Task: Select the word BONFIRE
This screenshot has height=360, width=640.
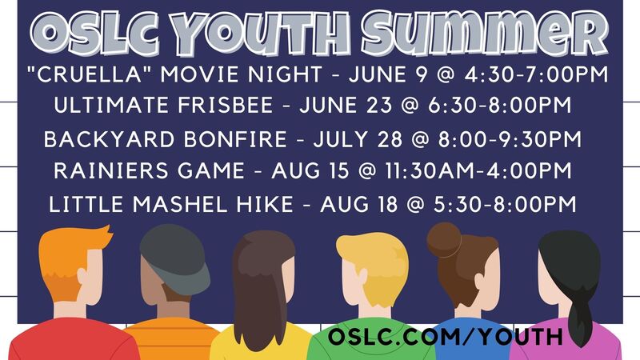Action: pyautogui.click(x=235, y=139)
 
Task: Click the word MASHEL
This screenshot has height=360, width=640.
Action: pyautogui.click(x=181, y=204)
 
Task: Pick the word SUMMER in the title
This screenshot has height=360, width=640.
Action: pyautogui.click(x=485, y=33)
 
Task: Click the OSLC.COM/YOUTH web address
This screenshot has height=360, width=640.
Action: pyautogui.click(x=446, y=337)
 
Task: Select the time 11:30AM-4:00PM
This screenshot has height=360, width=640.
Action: pyautogui.click(x=478, y=170)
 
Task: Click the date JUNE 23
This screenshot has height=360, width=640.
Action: pyautogui.click(x=346, y=106)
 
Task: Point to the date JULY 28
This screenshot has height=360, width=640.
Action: pyautogui.click(x=358, y=139)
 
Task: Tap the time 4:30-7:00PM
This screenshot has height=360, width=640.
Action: pyautogui.click(x=536, y=74)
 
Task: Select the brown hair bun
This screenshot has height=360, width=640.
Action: pyautogui.click(x=444, y=240)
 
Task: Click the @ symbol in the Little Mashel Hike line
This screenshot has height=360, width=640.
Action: pyautogui.click(x=415, y=204)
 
